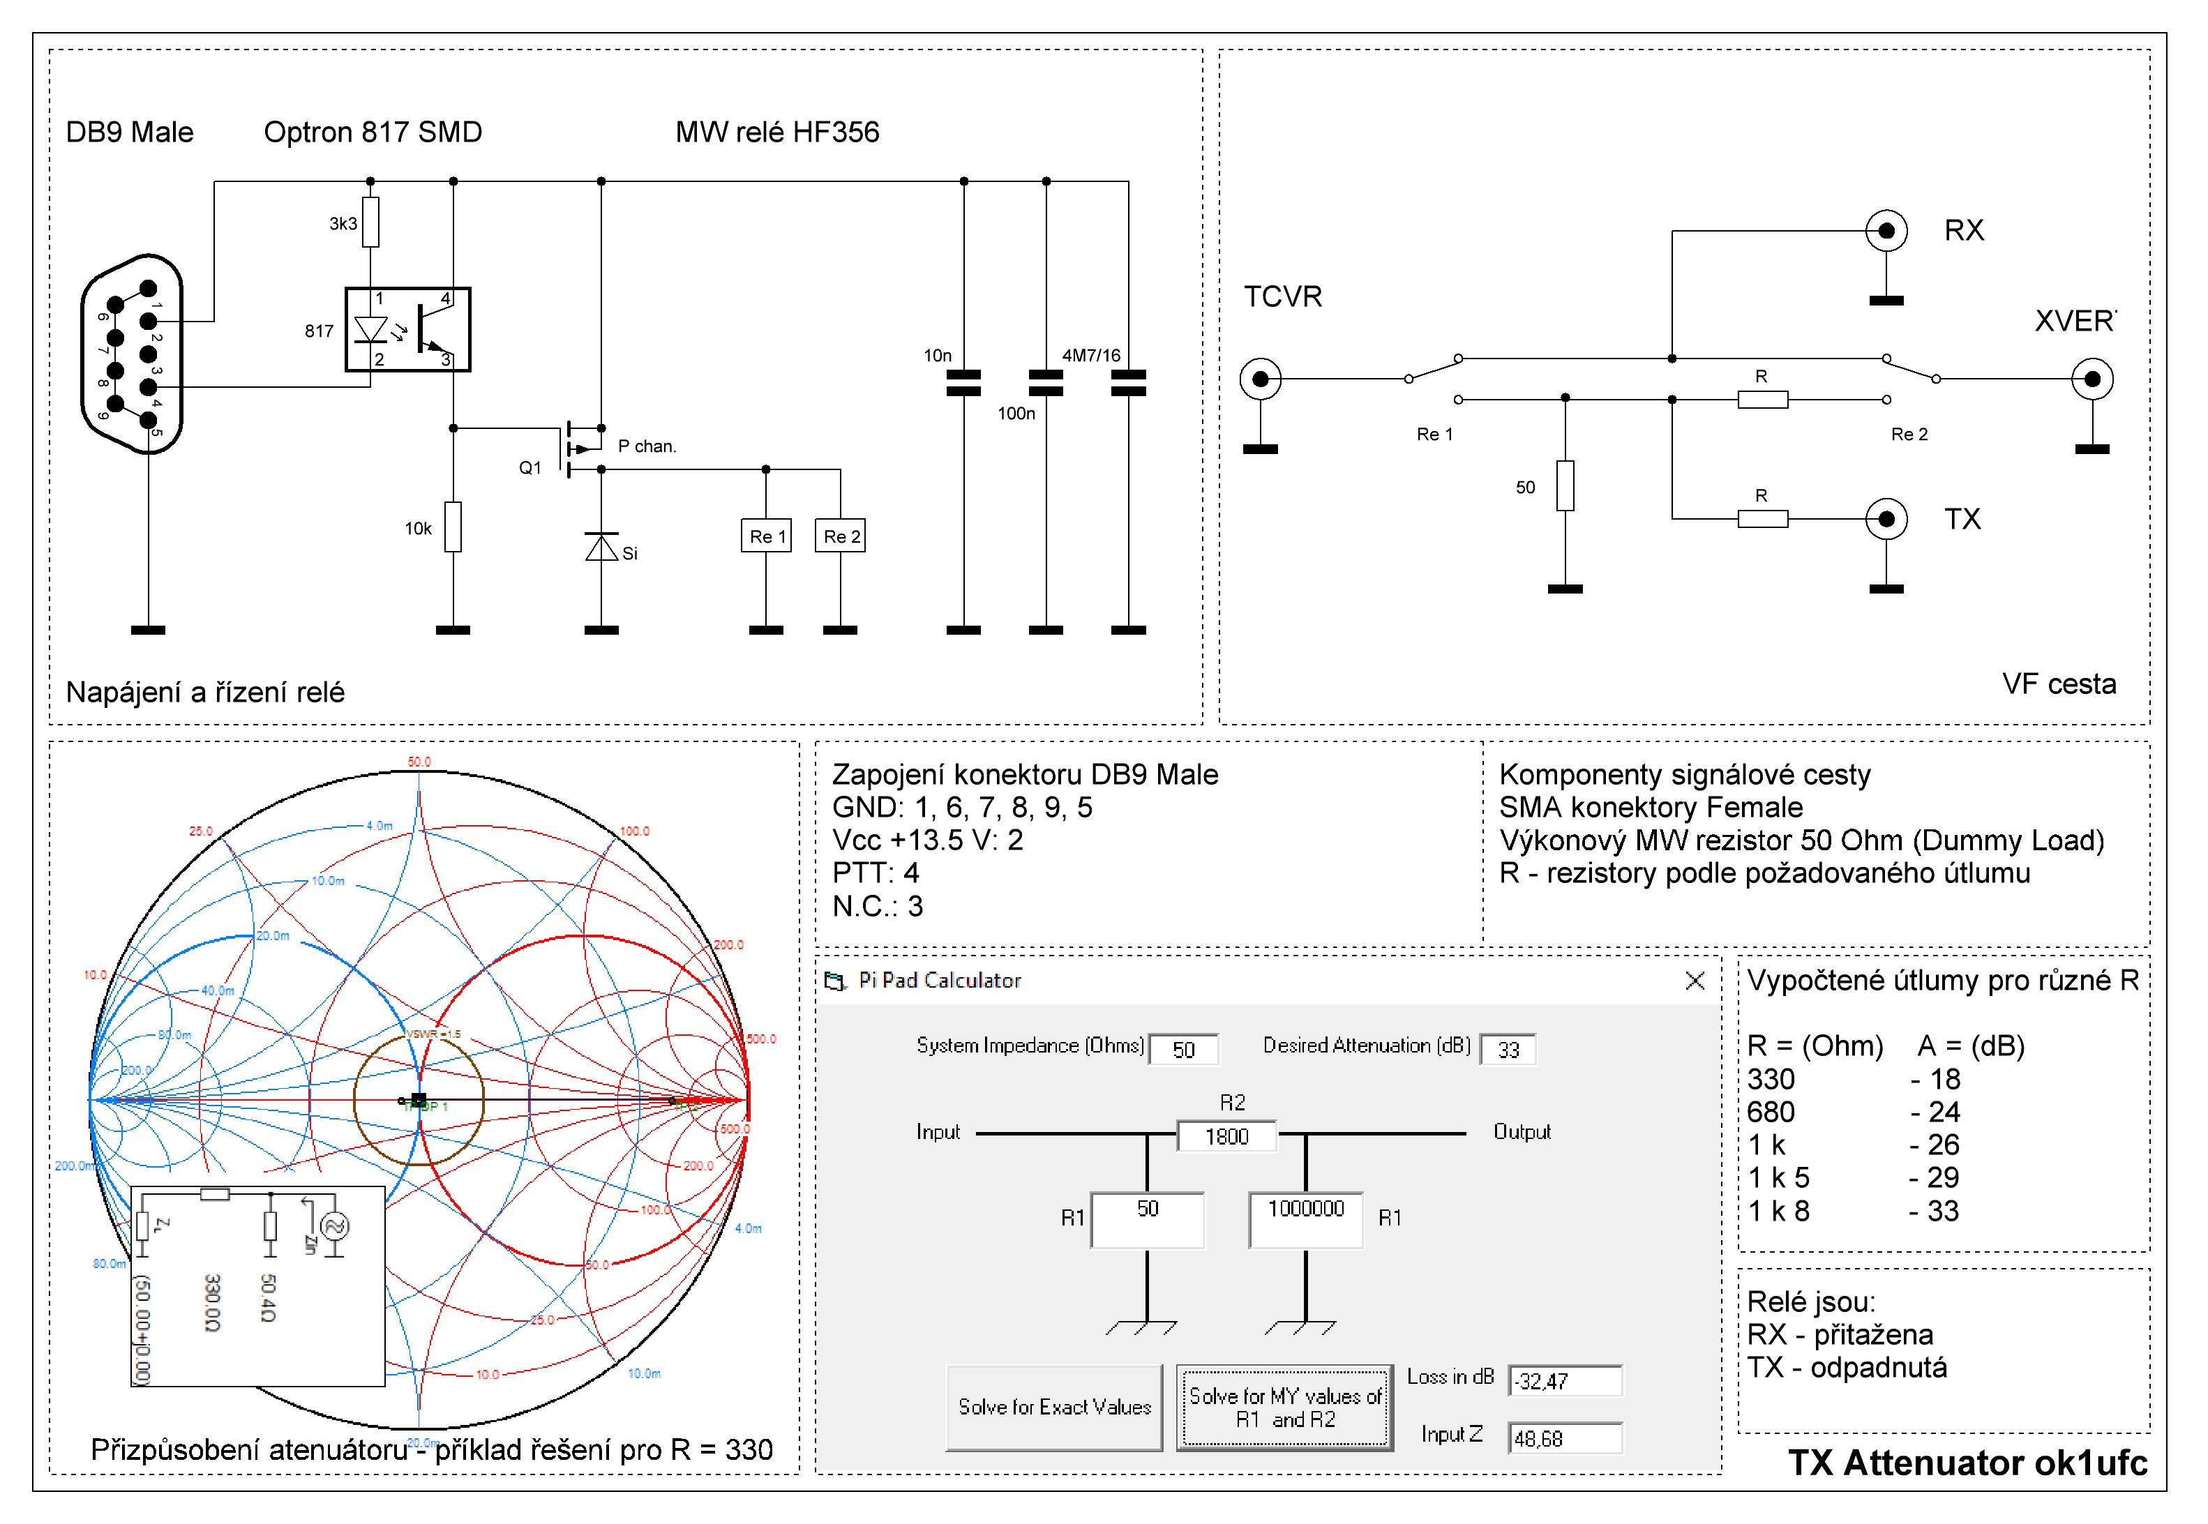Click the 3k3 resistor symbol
tap(370, 222)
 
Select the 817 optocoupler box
tap(408, 329)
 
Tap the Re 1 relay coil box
tap(766, 536)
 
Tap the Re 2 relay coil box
tap(841, 536)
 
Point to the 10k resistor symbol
tap(453, 527)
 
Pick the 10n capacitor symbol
tap(963, 383)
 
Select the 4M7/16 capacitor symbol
tap(1129, 383)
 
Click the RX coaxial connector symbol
tap(1886, 231)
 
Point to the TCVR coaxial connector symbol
tap(1261, 379)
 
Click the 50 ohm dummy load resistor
tap(1565, 485)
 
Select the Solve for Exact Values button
tap(1054, 1408)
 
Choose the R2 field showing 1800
tap(1227, 1136)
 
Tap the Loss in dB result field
tap(1564, 1381)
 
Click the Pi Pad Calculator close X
tap(1695, 981)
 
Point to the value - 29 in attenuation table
tap(1935, 1177)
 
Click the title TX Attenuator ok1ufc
tap(1967, 1463)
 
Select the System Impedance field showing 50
tap(1183, 1050)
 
